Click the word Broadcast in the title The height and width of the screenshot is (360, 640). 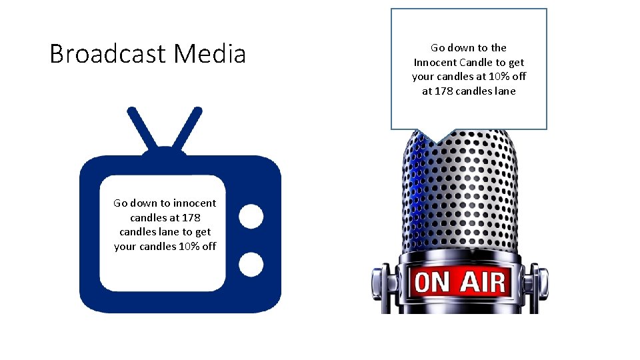tap(109, 54)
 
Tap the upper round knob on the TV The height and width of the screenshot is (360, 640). tap(251, 216)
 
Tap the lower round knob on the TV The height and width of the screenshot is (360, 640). tap(251, 264)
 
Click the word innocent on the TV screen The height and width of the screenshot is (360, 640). tap(193, 203)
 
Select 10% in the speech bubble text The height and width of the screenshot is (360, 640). tap(499, 77)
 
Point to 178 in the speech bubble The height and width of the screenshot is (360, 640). tap(444, 91)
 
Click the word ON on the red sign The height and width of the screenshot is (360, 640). tap(432, 282)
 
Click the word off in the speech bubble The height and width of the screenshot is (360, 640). tap(519, 77)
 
